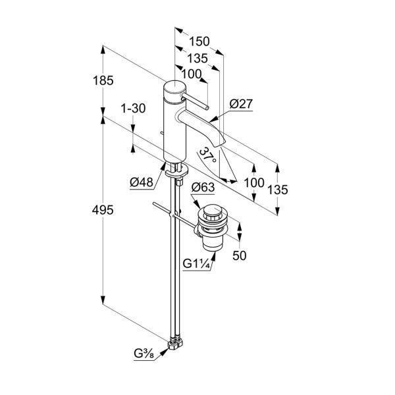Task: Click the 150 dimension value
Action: [198, 41]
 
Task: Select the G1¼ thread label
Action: [196, 265]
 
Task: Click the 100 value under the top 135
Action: [191, 74]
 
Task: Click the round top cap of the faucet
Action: [172, 88]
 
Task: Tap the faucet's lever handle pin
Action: [196, 101]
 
